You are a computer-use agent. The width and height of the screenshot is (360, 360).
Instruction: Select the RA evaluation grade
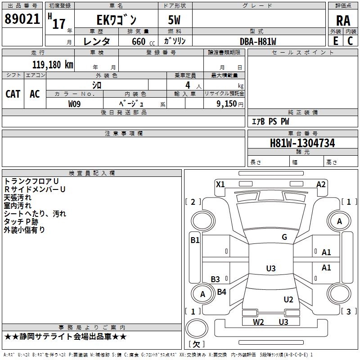pyautogui.click(x=343, y=21)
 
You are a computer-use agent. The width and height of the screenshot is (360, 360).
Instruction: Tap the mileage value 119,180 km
pyautogui.click(x=53, y=65)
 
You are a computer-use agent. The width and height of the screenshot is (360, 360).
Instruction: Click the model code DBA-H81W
pyautogui.click(x=258, y=41)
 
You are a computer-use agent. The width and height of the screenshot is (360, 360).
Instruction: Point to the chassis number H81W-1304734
pyautogui.click(x=302, y=144)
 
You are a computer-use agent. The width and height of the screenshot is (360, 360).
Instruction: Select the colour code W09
pyautogui.click(x=75, y=103)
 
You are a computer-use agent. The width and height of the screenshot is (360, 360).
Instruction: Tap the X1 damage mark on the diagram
pyautogui.click(x=220, y=184)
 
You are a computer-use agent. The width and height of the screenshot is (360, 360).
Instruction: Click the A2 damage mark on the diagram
pyautogui.click(x=321, y=184)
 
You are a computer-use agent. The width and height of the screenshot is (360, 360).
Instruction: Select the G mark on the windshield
pyautogui.click(x=284, y=237)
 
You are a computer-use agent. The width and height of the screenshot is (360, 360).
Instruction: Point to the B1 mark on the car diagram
pyautogui.click(x=194, y=240)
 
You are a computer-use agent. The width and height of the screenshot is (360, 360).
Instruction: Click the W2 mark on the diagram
pyautogui.click(x=258, y=322)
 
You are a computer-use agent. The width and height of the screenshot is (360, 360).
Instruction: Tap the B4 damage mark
pyautogui.click(x=221, y=292)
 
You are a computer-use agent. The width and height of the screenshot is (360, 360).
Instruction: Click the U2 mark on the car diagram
pyautogui.click(x=288, y=300)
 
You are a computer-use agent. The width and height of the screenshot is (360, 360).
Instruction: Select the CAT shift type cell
pyautogui.click(x=13, y=94)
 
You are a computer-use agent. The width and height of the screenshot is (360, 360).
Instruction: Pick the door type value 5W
pyautogui.click(x=175, y=21)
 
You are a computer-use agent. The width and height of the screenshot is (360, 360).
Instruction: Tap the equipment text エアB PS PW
pyautogui.click(x=270, y=121)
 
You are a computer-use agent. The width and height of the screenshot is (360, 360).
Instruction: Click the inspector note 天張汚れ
pyautogui.click(x=18, y=198)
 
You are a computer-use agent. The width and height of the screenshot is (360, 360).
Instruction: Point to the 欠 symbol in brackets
pyautogui.click(x=196, y=344)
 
